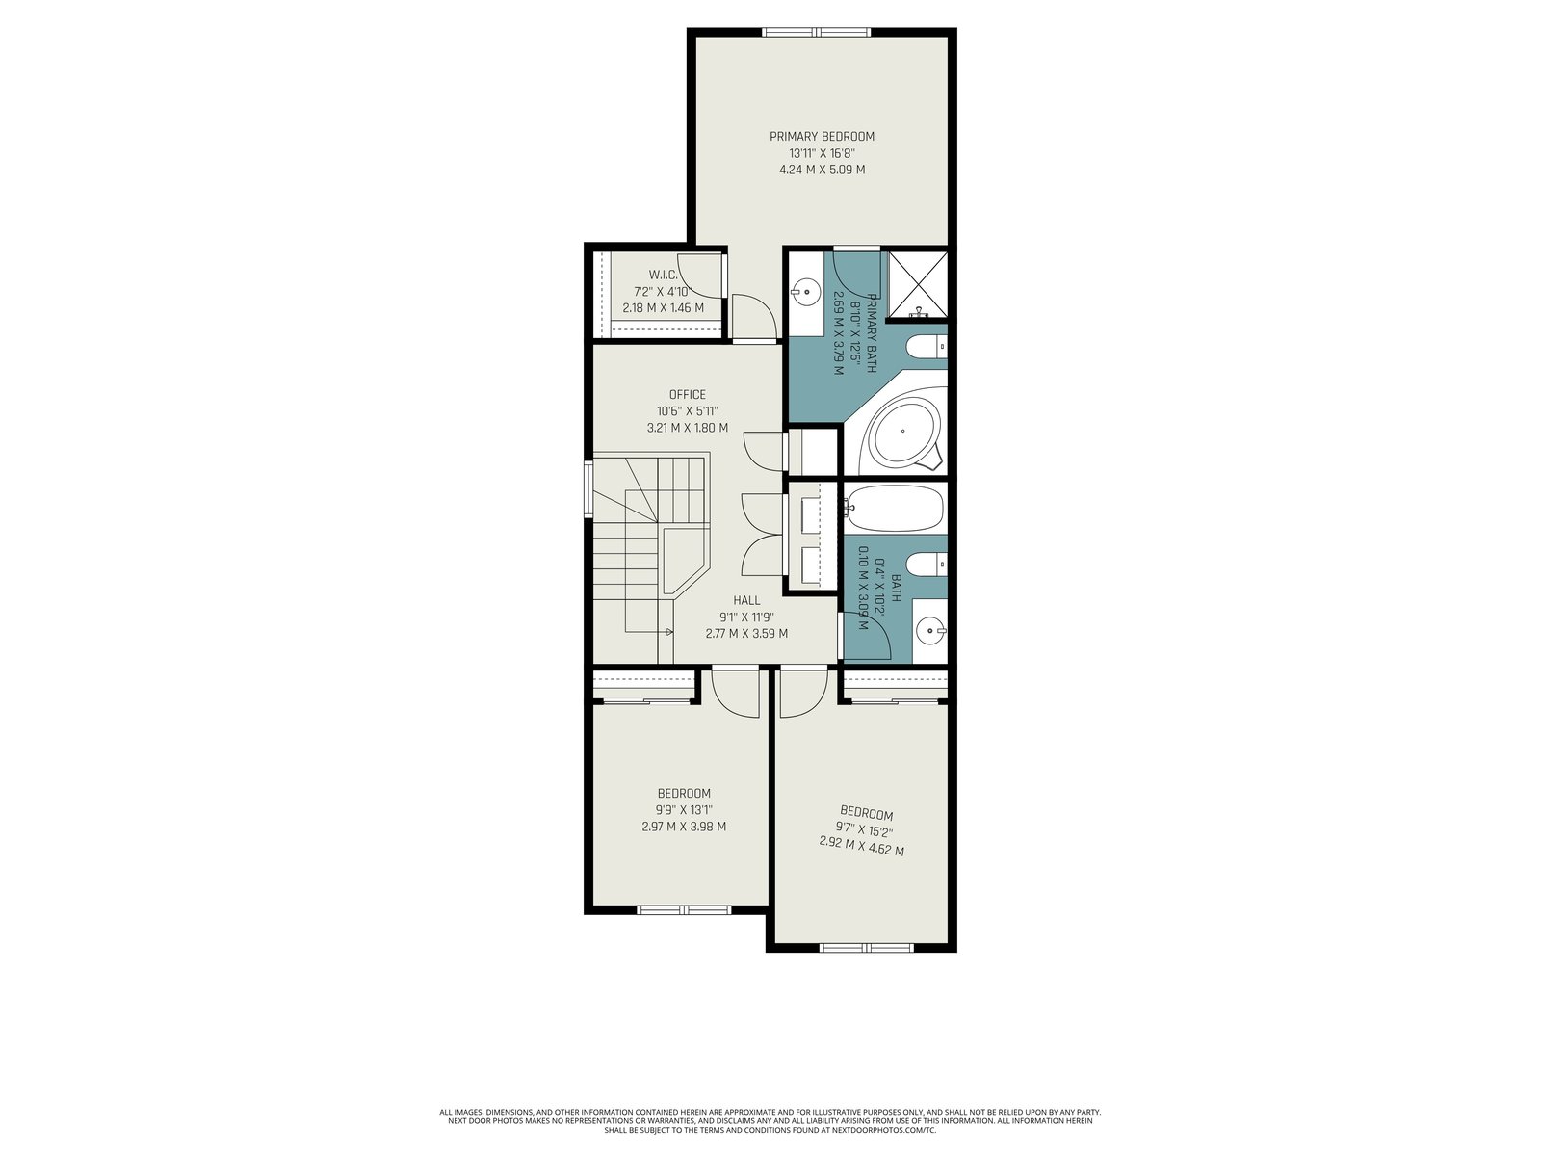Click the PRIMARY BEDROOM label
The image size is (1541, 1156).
coord(822,136)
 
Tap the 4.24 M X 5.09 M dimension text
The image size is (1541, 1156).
coord(823,170)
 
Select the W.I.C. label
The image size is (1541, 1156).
coord(663,275)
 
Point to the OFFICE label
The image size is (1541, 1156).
coord(688,394)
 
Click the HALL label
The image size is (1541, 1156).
coord(746,600)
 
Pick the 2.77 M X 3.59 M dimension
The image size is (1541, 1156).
coord(746,633)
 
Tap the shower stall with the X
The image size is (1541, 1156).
coord(918,284)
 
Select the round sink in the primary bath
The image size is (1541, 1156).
coord(806,290)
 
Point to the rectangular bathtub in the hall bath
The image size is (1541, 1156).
coord(895,508)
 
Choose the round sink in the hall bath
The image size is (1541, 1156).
coord(931,630)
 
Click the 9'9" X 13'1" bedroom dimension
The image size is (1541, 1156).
coord(684,810)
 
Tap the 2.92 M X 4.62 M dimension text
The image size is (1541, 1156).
coord(861,845)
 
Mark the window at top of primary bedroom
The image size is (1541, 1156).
coord(817,32)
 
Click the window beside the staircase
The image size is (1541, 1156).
coord(589,489)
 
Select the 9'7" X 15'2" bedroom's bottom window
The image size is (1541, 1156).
coord(866,948)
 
